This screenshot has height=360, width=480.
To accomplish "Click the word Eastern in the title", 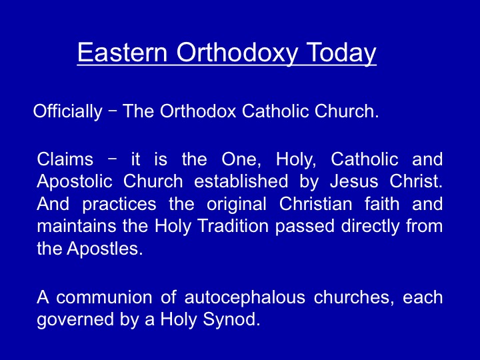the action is pyautogui.click(x=123, y=52).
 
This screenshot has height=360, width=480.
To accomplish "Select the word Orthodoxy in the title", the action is pyautogui.click(x=237, y=53).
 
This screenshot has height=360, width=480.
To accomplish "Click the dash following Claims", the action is pyautogui.click(x=113, y=159).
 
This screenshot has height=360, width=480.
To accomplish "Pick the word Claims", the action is pyautogui.click(x=65, y=159).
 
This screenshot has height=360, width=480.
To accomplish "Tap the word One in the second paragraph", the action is pyautogui.click(x=241, y=159).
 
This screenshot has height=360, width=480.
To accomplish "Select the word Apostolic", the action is pyautogui.click(x=75, y=182).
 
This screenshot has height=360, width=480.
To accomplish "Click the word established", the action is pyautogui.click(x=241, y=181).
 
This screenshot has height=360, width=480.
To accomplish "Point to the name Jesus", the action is pyautogui.click(x=354, y=181).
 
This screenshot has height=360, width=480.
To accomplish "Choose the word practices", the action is pyautogui.click(x=119, y=205).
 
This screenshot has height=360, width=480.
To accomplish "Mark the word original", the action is pyautogui.click(x=236, y=205).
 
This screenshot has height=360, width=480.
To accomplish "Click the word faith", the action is pyautogui.click(x=382, y=203).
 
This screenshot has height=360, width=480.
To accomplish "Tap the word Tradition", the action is pyautogui.click(x=233, y=226).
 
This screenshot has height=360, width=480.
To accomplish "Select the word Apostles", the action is pyautogui.click(x=105, y=248).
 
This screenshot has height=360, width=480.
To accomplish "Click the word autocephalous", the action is pyautogui.click(x=245, y=298).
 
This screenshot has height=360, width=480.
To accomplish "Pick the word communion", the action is pyautogui.click(x=104, y=297).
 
